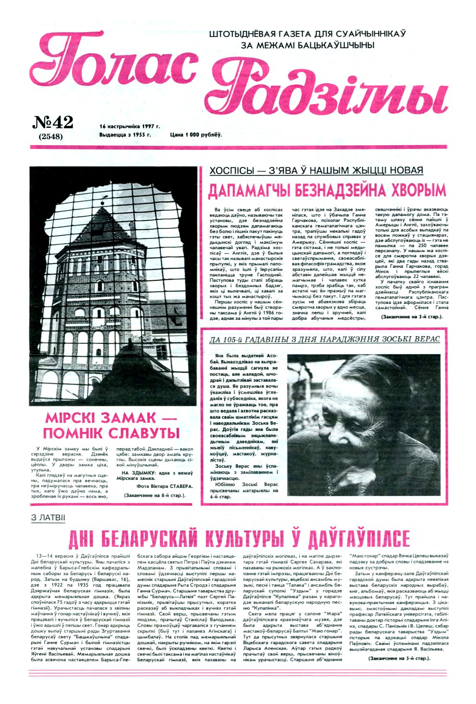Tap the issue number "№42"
pos(52,123)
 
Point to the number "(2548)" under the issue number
pos(50,136)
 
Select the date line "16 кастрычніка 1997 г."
pos(130,126)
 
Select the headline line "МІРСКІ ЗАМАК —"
pos(113,416)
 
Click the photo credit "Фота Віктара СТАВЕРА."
pos(158,486)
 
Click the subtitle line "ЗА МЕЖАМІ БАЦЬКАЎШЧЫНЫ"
pos(307,45)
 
